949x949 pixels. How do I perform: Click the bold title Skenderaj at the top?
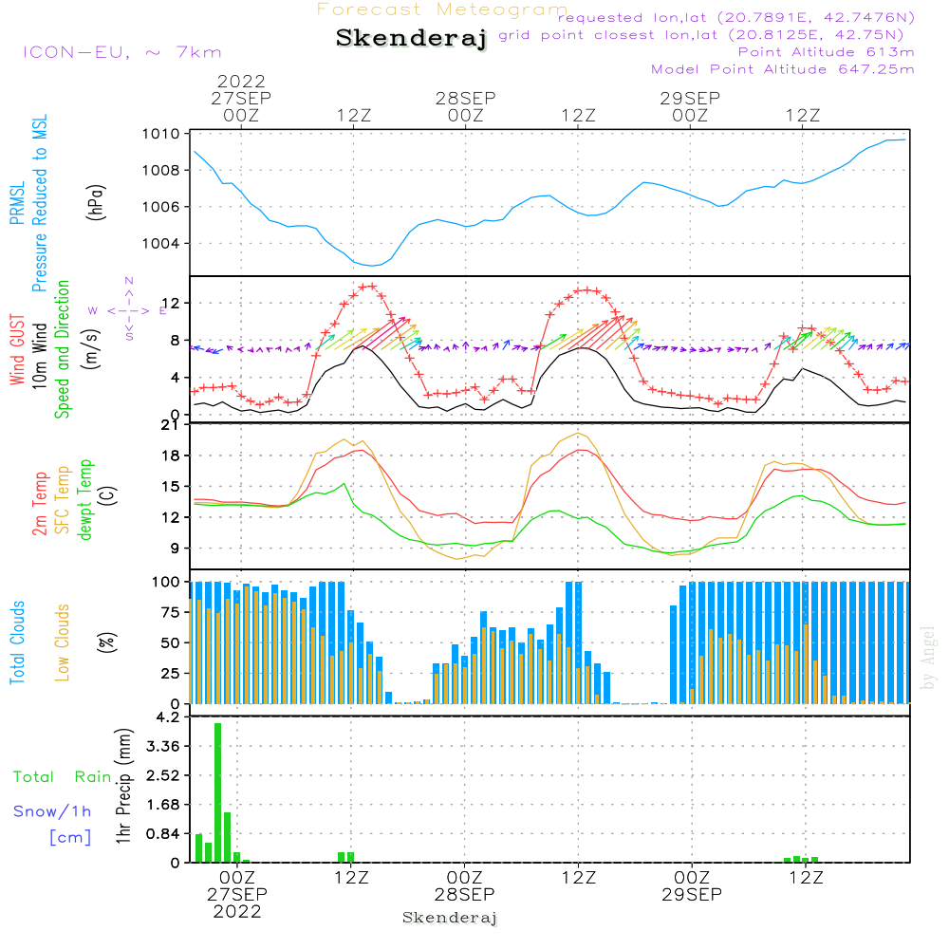click(x=411, y=39)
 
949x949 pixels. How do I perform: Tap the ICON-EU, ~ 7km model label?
click(x=121, y=52)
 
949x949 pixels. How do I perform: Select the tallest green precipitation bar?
click(x=217, y=792)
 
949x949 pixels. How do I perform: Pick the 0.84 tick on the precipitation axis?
click(x=162, y=834)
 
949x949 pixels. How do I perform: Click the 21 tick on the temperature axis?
click(x=170, y=424)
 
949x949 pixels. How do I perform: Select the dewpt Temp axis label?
click(x=86, y=500)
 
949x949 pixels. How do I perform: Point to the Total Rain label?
click(x=62, y=777)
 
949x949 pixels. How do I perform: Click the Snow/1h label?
click(x=53, y=811)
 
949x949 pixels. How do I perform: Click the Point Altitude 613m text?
click(x=826, y=52)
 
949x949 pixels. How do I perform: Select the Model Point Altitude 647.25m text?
click(x=783, y=69)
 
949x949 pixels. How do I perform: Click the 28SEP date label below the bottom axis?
click(x=465, y=894)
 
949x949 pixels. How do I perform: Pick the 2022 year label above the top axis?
click(x=241, y=83)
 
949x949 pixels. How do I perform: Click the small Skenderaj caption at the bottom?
click(x=450, y=918)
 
